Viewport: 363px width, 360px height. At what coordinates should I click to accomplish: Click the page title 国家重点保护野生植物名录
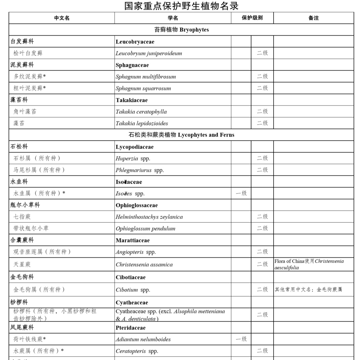tap(182, 6)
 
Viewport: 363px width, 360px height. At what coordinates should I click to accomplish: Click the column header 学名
tap(173, 18)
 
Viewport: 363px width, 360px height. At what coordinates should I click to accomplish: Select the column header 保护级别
tap(252, 18)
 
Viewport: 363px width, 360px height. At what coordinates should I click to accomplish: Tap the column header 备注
tap(313, 18)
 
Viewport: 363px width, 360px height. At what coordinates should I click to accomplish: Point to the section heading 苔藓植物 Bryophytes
tap(182, 30)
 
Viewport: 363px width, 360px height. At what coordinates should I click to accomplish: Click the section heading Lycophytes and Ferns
tap(182, 135)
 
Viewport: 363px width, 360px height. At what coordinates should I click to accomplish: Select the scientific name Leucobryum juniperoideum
tap(149, 53)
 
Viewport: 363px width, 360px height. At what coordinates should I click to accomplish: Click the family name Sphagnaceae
tap(132, 65)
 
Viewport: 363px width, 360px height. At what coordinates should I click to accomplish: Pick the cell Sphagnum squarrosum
tap(143, 88)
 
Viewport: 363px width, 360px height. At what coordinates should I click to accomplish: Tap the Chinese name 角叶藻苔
tap(25, 112)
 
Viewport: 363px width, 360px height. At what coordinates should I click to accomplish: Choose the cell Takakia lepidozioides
tap(142, 123)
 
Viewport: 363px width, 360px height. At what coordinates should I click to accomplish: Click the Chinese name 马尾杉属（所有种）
tap(39, 170)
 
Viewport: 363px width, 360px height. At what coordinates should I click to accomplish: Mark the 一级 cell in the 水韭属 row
tap(241, 193)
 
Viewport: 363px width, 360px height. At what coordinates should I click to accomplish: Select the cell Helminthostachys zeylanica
tap(149, 217)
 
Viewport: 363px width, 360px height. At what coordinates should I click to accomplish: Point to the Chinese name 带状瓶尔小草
tap(31, 228)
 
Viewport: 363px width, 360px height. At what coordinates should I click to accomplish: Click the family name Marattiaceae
tap(133, 240)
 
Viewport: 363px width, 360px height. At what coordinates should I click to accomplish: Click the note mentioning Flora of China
tap(309, 264)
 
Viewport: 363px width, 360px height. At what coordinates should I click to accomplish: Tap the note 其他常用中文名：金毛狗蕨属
tap(309, 290)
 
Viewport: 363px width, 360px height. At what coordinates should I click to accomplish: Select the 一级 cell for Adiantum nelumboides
tap(241, 339)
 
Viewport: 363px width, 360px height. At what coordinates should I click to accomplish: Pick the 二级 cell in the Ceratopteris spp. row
tap(262, 351)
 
